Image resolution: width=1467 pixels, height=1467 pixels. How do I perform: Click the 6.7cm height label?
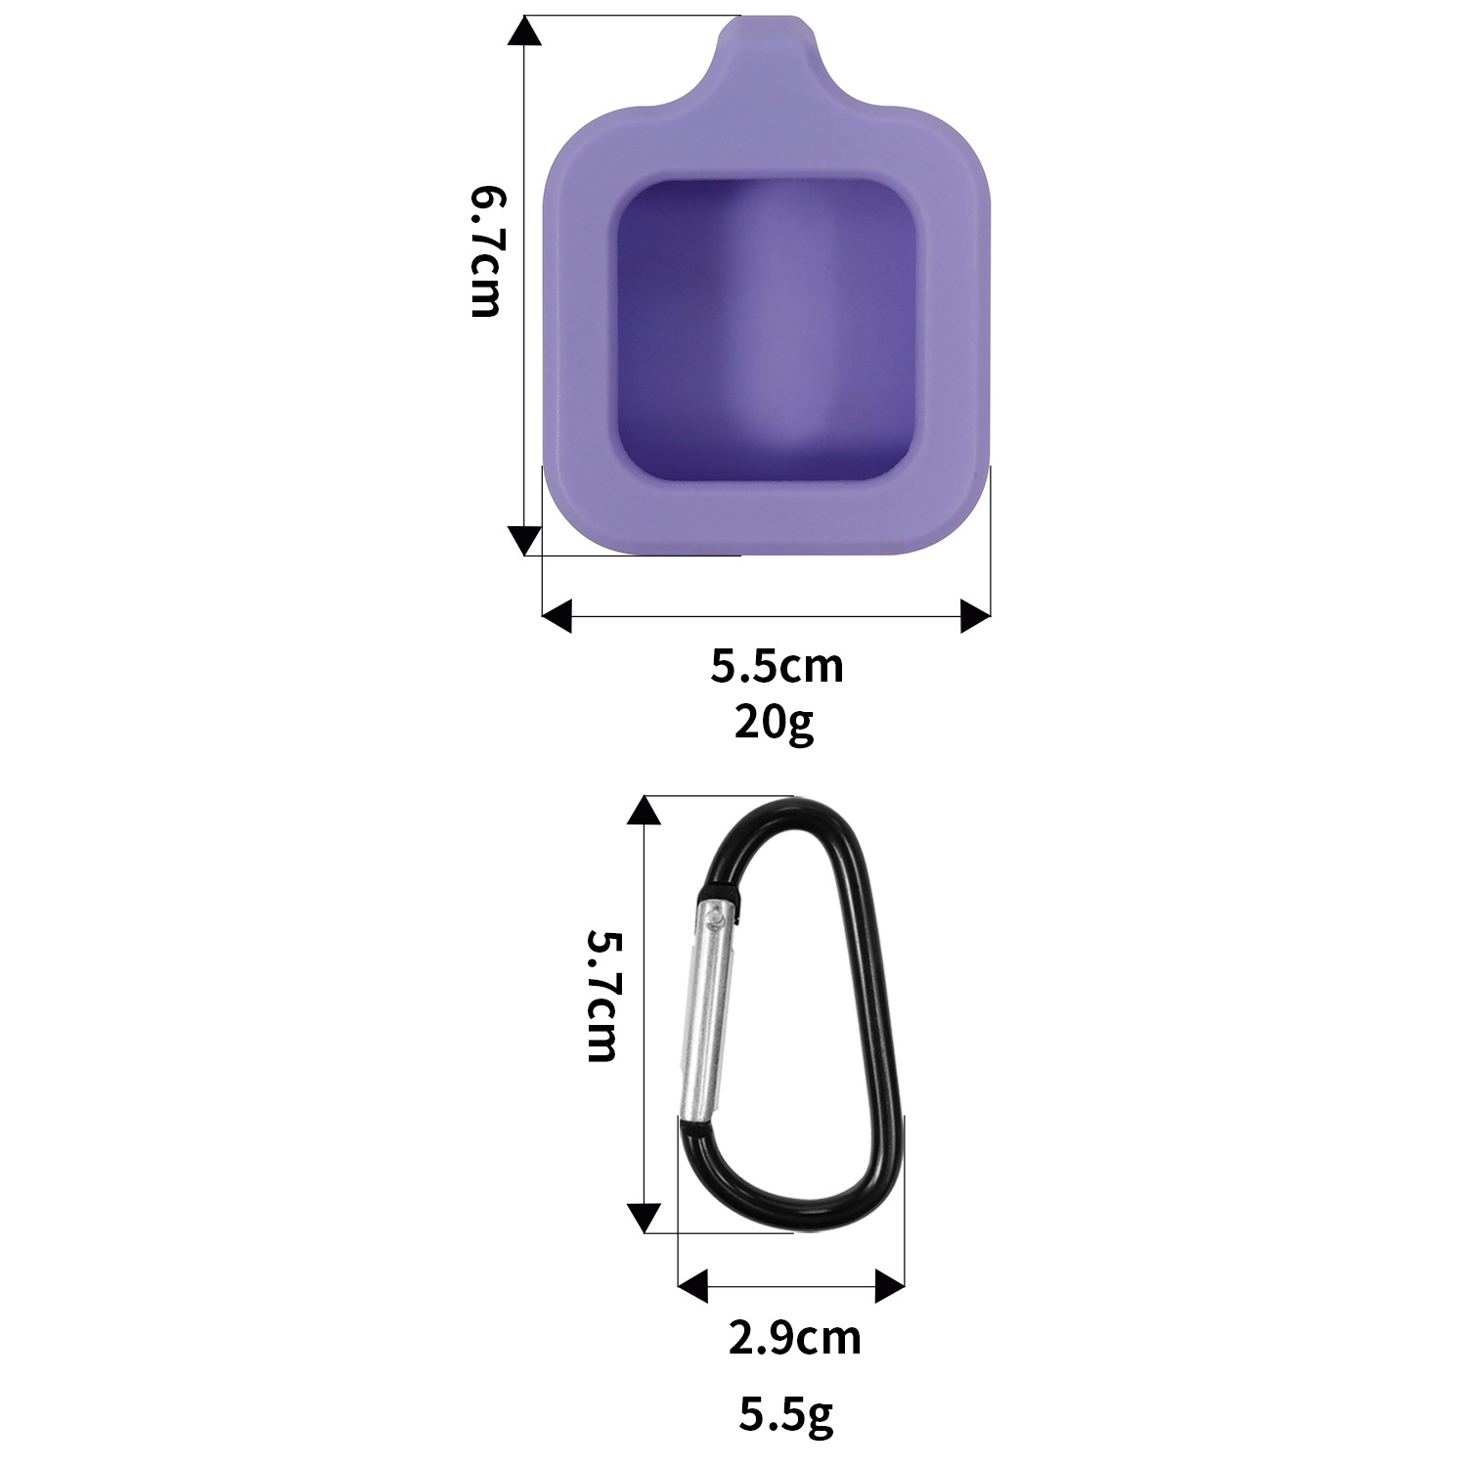(x=485, y=250)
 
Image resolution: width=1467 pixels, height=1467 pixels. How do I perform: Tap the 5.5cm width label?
(x=777, y=666)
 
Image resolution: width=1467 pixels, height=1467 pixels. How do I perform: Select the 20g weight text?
(x=775, y=724)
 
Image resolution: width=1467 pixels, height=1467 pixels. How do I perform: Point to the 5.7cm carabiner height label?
(x=601, y=995)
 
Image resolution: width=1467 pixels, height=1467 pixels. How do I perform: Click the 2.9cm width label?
(x=794, y=1337)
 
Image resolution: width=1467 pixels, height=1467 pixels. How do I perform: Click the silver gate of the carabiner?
(x=709, y=1012)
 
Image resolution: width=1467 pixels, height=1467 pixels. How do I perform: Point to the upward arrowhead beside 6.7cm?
(x=525, y=30)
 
